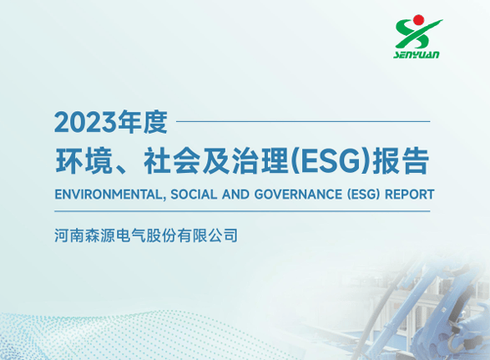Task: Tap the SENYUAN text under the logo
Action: pyautogui.click(x=417, y=56)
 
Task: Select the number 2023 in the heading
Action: pyautogui.click(x=84, y=123)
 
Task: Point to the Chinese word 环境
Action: pyautogui.click(x=80, y=161)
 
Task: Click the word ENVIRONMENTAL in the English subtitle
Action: pyautogui.click(x=105, y=195)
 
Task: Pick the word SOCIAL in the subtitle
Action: pyautogui.click(x=191, y=195)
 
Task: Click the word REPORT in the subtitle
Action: pyautogui.click(x=407, y=195)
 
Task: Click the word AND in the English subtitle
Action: pyautogui.click(x=234, y=195)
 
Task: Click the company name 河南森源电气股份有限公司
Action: pyautogui.click(x=146, y=236)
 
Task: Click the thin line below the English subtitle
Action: pyautogui.click(x=242, y=211)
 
